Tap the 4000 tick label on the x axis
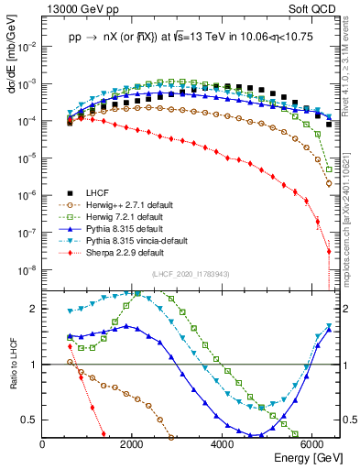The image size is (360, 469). click(x=223, y=443)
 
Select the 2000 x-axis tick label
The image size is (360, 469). click(x=133, y=443)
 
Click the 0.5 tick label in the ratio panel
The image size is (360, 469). click(x=31, y=420)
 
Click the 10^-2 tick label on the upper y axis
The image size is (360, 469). click(x=27, y=46)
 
